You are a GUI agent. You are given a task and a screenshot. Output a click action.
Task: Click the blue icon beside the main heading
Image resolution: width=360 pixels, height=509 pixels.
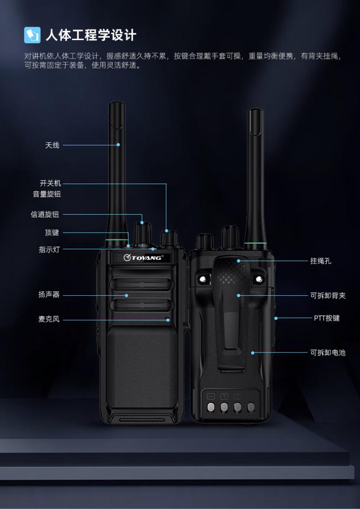point(32,35)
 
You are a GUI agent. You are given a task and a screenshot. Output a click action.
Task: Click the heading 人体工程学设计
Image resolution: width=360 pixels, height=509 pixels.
point(91,35)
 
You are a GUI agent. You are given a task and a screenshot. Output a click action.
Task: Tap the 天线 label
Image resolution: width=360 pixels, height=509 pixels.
point(52,145)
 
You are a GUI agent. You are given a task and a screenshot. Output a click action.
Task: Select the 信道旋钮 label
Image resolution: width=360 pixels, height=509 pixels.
point(45,215)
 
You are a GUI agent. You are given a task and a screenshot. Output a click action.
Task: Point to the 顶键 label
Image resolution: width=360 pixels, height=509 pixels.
point(52,233)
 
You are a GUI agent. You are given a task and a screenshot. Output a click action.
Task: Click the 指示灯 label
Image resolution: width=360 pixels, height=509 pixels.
point(49,250)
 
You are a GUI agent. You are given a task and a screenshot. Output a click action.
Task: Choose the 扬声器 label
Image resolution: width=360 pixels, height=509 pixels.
point(49,295)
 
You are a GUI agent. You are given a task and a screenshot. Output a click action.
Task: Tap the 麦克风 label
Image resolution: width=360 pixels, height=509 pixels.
point(49,320)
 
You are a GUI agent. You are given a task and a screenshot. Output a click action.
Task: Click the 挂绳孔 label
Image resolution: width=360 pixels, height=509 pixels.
point(321,261)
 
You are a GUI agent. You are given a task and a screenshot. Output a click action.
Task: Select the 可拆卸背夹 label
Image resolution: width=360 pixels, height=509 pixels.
point(328,295)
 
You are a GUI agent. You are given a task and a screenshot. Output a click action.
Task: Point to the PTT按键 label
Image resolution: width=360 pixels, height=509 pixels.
point(327,318)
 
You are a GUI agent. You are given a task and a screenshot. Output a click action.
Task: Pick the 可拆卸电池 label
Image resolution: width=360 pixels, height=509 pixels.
point(328,352)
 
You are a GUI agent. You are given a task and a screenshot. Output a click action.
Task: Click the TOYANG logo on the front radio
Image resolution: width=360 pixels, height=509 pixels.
point(143,258)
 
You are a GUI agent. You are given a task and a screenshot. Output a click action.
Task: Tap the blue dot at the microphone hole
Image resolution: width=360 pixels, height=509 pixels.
point(168,320)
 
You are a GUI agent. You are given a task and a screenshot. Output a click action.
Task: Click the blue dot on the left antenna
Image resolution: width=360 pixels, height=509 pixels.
point(118,145)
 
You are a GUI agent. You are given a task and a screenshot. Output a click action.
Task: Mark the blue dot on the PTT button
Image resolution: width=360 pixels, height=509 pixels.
point(275,318)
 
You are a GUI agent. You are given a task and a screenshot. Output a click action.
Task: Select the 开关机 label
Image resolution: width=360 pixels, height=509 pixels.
point(50,184)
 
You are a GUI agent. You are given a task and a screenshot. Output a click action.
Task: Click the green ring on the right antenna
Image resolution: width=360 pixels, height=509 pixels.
point(256,243)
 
